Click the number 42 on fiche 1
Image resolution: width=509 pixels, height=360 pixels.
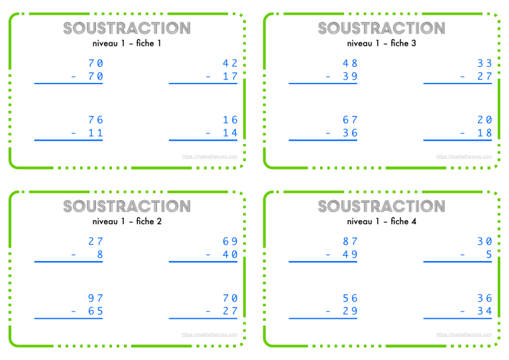tap(230, 64)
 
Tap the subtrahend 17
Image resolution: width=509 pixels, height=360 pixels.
tap(230, 77)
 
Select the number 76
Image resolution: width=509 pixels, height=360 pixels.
tap(95, 120)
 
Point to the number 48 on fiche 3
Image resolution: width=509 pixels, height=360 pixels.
tap(350, 64)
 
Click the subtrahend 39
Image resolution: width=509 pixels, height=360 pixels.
tap(350, 77)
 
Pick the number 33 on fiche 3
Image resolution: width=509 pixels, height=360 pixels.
tap(484, 64)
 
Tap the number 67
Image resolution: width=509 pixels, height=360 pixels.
tap(350, 120)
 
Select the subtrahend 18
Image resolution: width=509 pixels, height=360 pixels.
tap(484, 133)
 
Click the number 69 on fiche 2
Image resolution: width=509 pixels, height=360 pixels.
tap(230, 242)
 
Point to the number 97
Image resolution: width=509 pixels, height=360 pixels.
tap(95, 298)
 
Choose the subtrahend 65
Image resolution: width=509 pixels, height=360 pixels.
tap(95, 312)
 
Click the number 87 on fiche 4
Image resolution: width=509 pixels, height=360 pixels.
tap(350, 242)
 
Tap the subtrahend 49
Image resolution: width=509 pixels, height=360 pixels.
tap(350, 255)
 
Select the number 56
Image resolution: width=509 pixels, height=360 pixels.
tap(350, 298)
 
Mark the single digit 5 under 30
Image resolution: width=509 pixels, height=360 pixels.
tap(488, 255)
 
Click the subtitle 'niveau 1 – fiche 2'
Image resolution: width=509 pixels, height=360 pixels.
tap(127, 221)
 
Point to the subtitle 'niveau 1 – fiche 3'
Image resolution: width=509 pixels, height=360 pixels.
tap(381, 43)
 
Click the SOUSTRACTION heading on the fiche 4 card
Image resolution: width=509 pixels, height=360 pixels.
tap(381, 206)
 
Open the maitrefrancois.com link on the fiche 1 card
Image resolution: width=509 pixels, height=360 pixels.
tap(209, 157)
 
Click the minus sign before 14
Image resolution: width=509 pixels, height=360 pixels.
tap(208, 133)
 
